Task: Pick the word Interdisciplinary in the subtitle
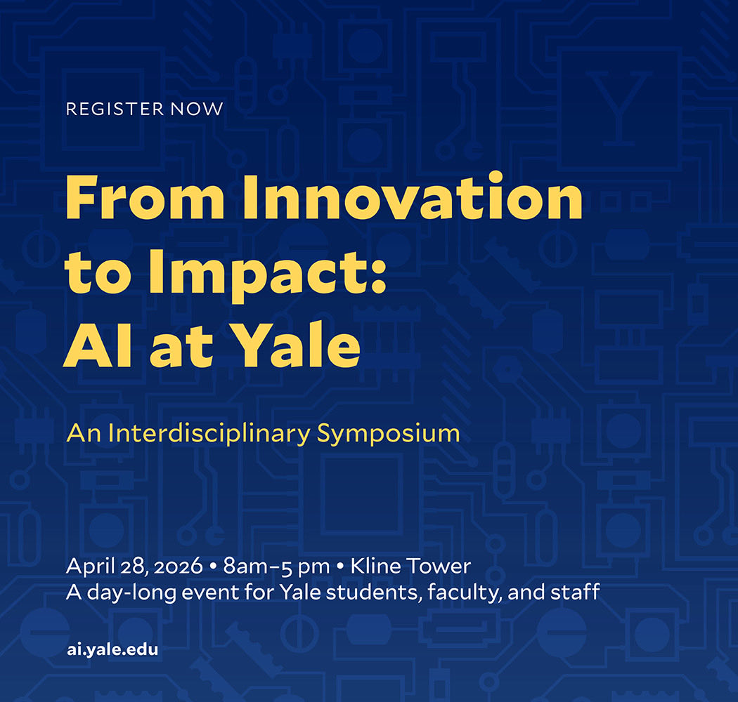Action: pos(207,432)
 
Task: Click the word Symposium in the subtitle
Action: pos(388,434)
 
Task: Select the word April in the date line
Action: pos(89,567)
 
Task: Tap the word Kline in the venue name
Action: pos(373,566)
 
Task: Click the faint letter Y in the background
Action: pos(618,105)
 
